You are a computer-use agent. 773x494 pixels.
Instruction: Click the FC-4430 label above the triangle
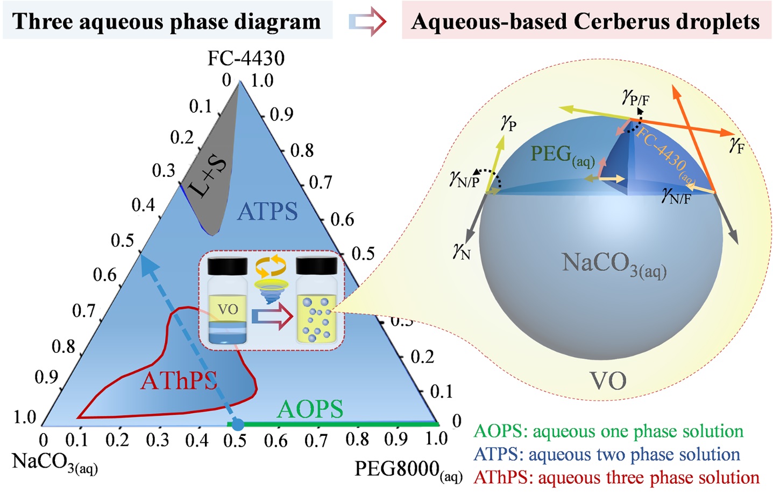point(246,58)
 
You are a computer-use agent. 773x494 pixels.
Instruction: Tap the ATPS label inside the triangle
point(267,211)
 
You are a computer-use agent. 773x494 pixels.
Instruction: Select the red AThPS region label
point(179,381)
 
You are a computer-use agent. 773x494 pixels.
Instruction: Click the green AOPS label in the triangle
point(310,409)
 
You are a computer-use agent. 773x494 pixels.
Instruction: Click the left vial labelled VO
point(227,304)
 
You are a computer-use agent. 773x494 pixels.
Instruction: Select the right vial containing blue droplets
point(316,304)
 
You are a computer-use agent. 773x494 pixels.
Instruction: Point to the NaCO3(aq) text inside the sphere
point(614,264)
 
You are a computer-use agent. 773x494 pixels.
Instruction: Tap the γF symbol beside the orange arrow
point(736,144)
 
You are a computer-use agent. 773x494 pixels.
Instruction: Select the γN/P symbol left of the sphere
point(465,179)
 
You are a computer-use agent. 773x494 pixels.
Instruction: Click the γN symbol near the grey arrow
point(462,251)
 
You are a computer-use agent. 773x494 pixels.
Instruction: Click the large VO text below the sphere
point(608,381)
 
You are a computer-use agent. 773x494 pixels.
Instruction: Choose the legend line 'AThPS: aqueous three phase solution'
point(616,477)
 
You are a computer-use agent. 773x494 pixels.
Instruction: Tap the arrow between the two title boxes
point(367,22)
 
